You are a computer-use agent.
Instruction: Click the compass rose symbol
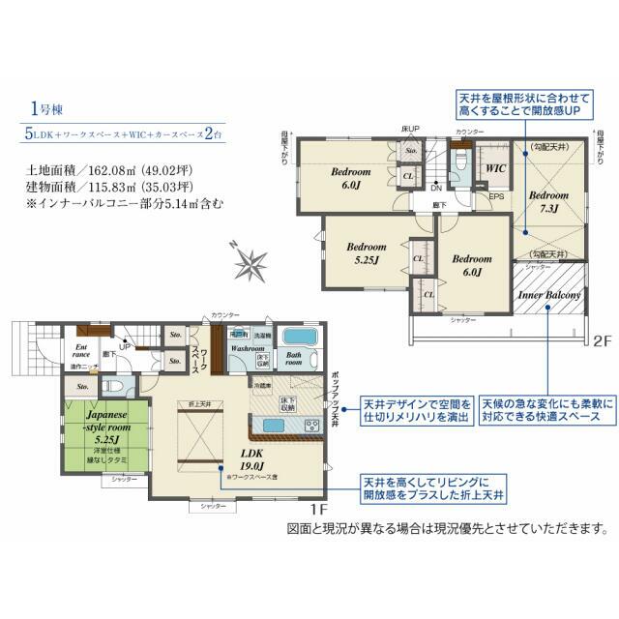click(x=253, y=262)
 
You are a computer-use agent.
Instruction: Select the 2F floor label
click(x=602, y=340)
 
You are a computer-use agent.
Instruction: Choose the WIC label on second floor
click(x=496, y=167)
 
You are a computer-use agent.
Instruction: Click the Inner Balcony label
click(x=549, y=295)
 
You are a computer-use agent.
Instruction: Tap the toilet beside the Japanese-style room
click(x=113, y=385)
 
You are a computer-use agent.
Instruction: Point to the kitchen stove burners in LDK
click(x=311, y=426)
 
